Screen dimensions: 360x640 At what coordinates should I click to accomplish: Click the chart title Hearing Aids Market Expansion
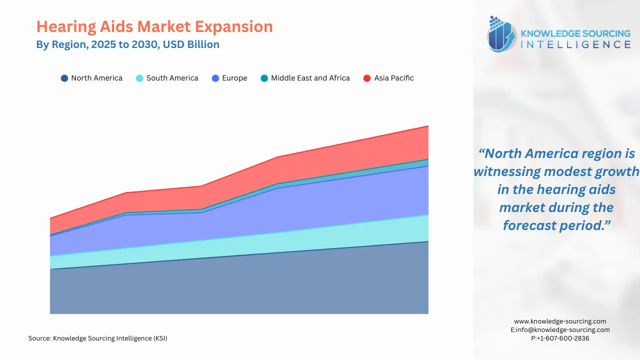point(154,26)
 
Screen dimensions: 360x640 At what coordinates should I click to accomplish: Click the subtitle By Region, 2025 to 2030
point(127,44)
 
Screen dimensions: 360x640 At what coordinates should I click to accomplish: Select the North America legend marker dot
point(64,78)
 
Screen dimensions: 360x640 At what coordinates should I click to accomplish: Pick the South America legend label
point(172,78)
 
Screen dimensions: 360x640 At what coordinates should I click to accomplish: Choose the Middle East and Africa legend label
point(310,78)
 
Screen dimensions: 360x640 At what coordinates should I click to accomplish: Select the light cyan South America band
point(300,240)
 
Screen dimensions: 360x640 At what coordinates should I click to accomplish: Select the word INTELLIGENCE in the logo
point(575,44)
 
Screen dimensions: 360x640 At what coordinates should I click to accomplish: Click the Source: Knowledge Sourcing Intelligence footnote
point(97,338)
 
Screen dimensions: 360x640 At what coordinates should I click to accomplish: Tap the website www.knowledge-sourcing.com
point(560,321)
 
